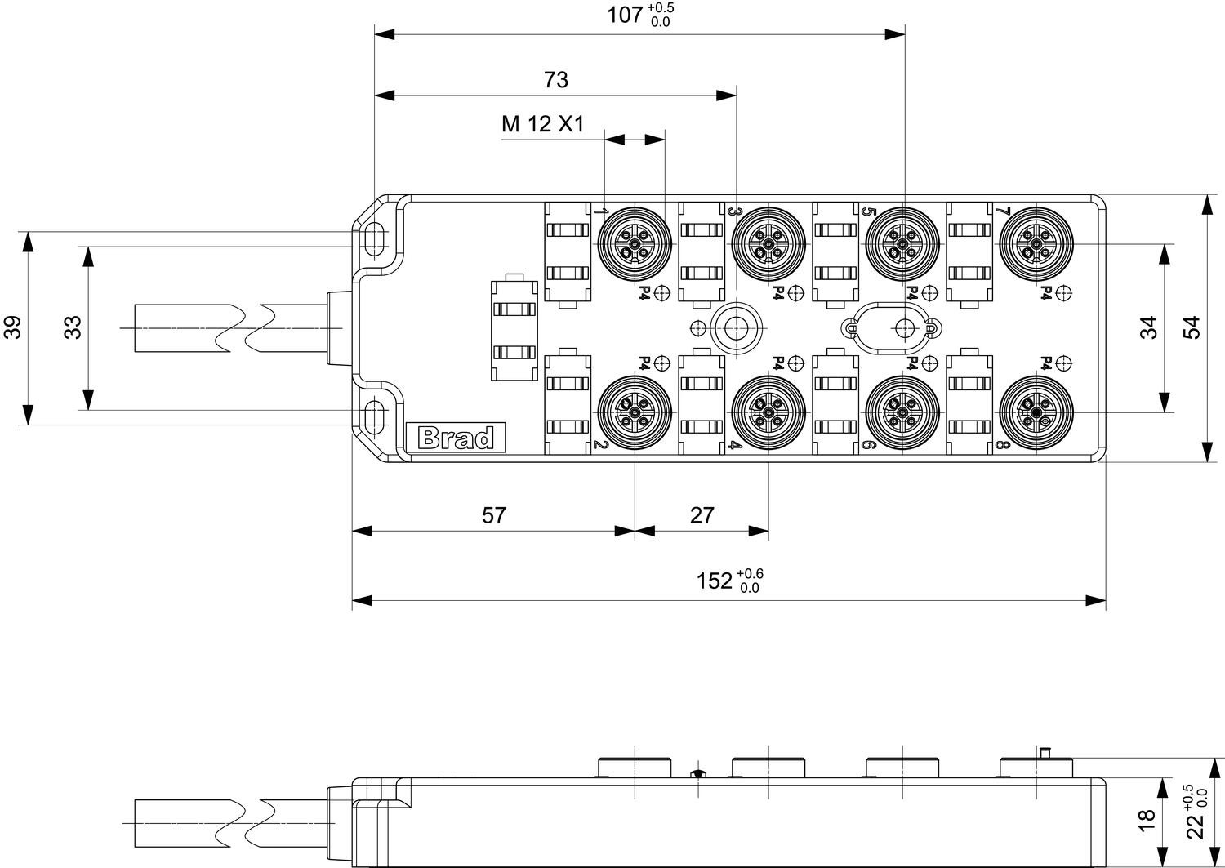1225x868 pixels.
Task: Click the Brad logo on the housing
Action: [456, 438]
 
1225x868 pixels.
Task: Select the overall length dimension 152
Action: [715, 581]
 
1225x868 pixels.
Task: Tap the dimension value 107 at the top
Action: [626, 15]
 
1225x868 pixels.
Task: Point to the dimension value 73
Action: [555, 79]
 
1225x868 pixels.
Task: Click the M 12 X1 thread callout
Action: [543, 125]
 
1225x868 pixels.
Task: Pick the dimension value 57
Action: [493, 515]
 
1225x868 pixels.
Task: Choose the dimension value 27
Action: [702, 515]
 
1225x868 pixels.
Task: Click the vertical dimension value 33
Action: [73, 327]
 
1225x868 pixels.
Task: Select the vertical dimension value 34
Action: [1148, 327]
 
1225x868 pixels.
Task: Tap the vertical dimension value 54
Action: [1192, 327]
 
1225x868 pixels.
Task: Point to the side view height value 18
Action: [1146, 816]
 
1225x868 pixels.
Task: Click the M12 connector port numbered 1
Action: [635, 244]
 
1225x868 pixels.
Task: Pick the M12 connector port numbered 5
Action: [902, 244]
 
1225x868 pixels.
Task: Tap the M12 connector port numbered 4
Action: [768, 414]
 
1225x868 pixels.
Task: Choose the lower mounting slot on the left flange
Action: [376, 416]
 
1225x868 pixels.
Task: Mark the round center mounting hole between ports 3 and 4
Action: [737, 328]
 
